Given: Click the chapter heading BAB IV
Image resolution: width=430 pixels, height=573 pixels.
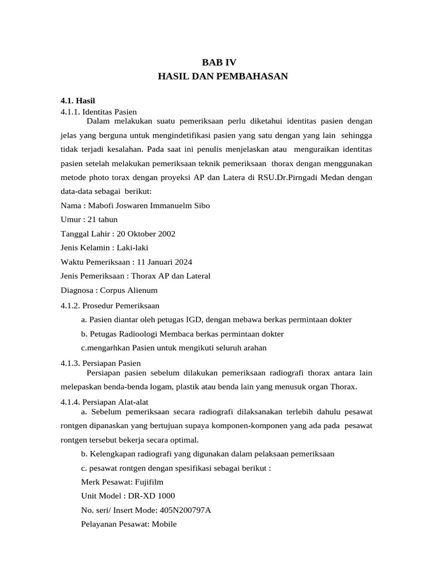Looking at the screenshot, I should pyautogui.click(x=215, y=63).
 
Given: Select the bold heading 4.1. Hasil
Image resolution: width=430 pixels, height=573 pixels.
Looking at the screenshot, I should pyautogui.click(x=78, y=101).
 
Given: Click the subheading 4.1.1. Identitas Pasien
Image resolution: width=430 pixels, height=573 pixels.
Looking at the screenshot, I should pyautogui.click(x=99, y=111).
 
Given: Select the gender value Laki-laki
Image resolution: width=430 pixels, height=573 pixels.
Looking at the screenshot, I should pyautogui.click(x=132, y=247).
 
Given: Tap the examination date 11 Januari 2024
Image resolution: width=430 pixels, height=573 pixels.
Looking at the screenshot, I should pyautogui.click(x=164, y=261).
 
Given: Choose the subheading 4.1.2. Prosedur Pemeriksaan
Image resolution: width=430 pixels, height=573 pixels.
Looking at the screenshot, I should pyautogui.click(x=110, y=306).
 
